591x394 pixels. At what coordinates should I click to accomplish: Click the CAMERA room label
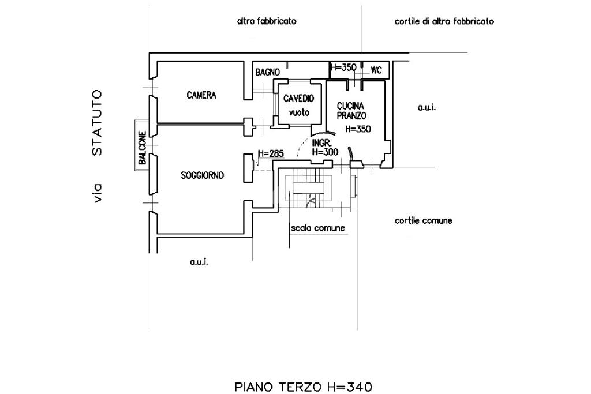tap(201, 95)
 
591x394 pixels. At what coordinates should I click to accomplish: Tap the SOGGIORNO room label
tap(203, 175)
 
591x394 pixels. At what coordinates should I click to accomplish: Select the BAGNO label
tap(268, 72)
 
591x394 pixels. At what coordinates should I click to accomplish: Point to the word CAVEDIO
tap(298, 99)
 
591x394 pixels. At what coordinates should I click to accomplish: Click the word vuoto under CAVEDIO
tap(298, 112)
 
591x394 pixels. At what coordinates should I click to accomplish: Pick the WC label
tap(376, 70)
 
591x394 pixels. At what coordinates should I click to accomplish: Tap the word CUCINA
tap(350, 106)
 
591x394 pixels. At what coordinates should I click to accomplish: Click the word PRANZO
tap(350, 115)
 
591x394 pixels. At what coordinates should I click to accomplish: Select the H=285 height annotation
tap(270, 154)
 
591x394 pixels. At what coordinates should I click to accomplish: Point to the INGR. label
tap(321, 143)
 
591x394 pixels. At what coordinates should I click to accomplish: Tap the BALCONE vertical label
tap(141, 149)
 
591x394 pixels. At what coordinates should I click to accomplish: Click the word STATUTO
tap(98, 123)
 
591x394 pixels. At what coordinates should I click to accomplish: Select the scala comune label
tap(318, 228)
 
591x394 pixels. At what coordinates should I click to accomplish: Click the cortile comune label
tap(424, 220)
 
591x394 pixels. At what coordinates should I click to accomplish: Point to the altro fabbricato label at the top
tap(267, 21)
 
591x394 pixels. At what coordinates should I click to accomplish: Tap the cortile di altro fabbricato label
tap(444, 21)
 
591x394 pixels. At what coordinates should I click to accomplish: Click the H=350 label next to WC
tap(343, 67)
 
